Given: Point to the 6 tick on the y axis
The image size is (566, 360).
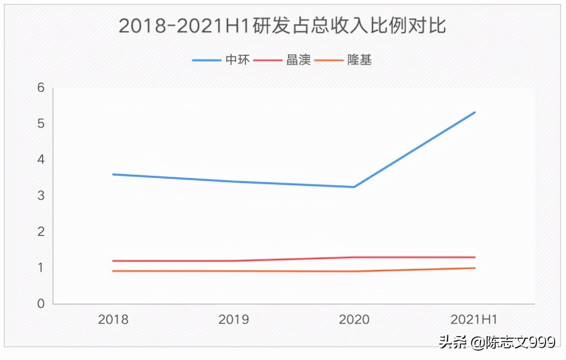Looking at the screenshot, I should (41, 88).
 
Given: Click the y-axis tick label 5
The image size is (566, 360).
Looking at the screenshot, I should (41, 124).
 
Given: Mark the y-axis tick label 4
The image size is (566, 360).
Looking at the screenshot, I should (41, 160).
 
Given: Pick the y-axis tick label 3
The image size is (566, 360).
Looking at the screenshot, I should (41, 196).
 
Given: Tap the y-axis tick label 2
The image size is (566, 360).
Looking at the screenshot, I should (41, 232).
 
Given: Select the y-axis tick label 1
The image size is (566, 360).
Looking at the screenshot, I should (41, 268).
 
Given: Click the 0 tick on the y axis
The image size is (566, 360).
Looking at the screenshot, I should (41, 304).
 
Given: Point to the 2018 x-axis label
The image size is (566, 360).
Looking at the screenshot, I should (113, 319).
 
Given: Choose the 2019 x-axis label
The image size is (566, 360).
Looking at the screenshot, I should (233, 319).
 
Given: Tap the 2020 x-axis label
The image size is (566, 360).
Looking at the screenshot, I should (354, 319).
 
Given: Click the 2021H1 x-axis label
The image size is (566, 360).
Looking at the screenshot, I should (475, 319).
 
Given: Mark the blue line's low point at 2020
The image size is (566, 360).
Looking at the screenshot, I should (354, 187).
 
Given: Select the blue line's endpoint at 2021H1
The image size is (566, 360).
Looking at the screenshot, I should (475, 112).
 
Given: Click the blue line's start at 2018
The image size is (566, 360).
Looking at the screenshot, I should (113, 174).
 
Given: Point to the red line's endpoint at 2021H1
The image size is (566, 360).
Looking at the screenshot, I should (475, 257).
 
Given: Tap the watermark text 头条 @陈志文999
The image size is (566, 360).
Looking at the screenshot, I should (497, 343).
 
